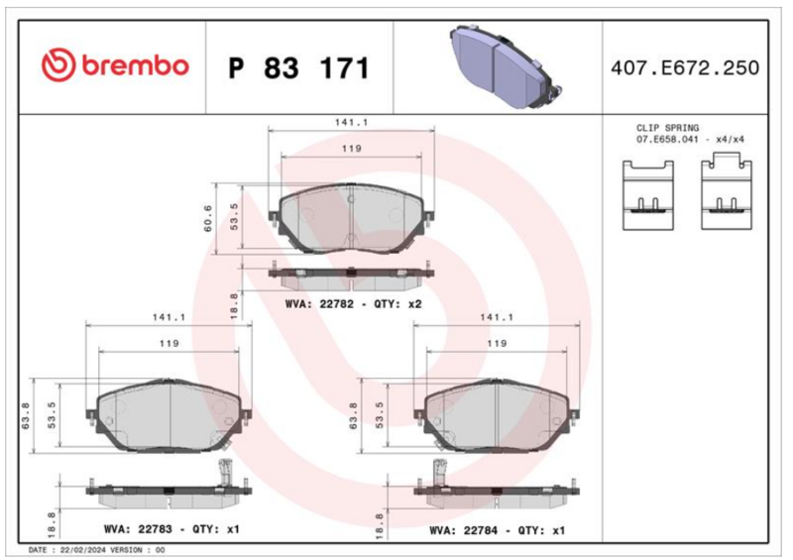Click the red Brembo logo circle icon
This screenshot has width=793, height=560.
coord(58,65)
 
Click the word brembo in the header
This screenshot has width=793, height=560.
coord(136,66)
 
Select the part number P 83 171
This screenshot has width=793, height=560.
coord(299,67)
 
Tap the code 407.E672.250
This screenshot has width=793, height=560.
coord(685,67)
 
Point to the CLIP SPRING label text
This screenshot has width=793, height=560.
coord(667,128)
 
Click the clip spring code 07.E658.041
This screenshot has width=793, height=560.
coord(667,139)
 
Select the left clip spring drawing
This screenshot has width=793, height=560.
coord(648,195)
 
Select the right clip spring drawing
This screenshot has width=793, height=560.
coord(727,192)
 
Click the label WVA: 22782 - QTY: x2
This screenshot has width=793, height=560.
coord(353,304)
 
